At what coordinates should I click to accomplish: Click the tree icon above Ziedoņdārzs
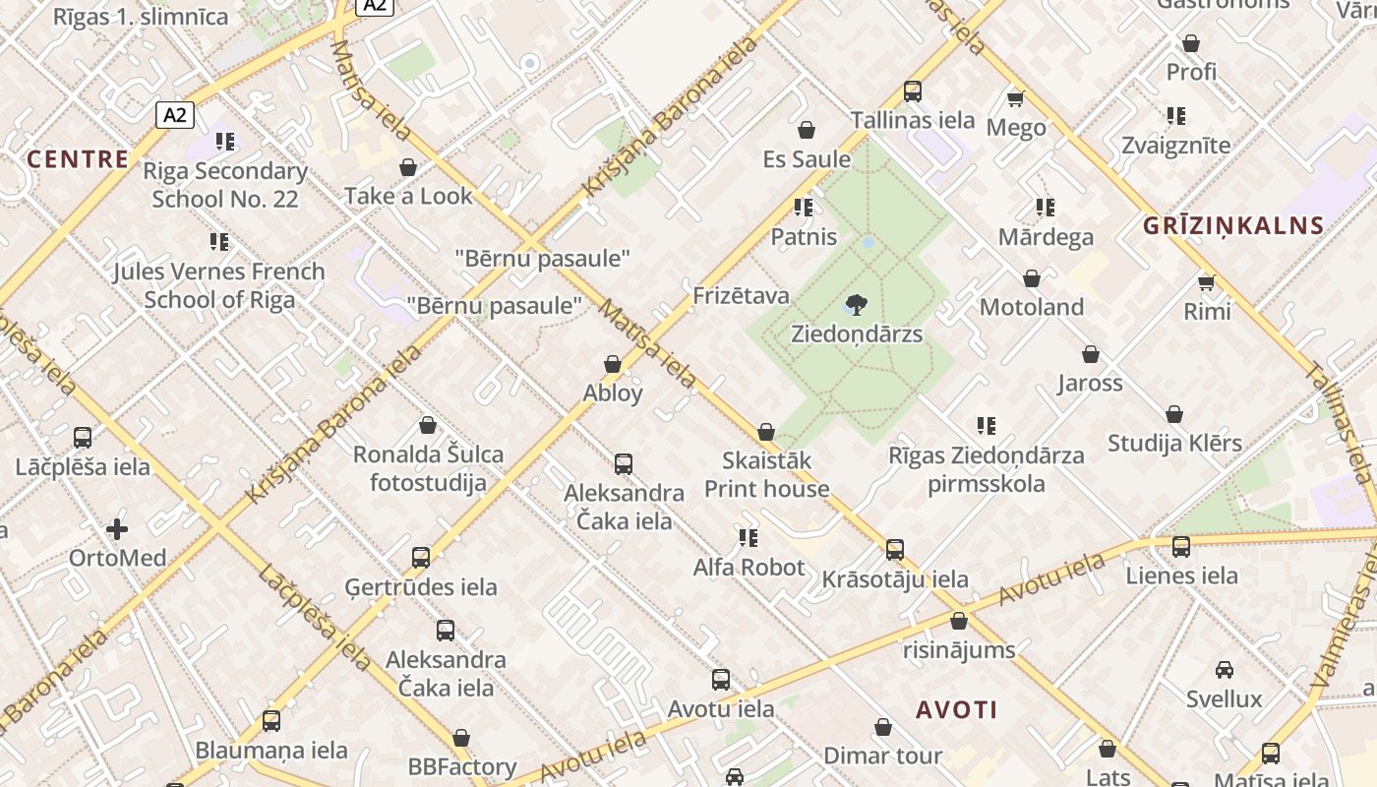[857, 305]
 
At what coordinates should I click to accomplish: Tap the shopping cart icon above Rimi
[1207, 283]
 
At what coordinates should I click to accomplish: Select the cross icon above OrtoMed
[117, 529]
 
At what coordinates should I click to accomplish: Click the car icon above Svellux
[1224, 670]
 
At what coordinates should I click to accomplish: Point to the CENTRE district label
[78, 159]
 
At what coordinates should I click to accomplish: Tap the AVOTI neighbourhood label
[956, 709]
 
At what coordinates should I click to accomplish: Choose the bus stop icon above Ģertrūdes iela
[421, 558]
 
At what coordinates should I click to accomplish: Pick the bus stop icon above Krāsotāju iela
[894, 550]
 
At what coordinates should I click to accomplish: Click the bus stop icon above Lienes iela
[1181, 546]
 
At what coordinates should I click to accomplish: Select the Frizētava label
[741, 295]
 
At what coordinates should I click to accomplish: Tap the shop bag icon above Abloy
[613, 364]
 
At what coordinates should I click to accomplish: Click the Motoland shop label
[1032, 307]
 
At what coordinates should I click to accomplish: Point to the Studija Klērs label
[1174, 443]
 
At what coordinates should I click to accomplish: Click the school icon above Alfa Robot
[748, 538]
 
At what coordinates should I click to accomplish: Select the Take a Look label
[408, 196]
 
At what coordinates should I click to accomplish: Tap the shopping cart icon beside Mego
[1016, 98]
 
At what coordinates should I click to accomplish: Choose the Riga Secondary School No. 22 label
[225, 184]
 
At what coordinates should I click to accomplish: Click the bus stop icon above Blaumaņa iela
[271, 721]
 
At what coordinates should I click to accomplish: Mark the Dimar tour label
[882, 756]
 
